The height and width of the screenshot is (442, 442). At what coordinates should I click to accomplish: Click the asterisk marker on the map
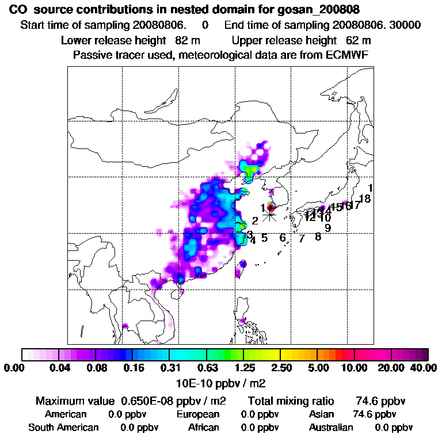tap(269, 216)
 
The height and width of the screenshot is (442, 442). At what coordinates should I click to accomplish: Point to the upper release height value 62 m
tap(358, 41)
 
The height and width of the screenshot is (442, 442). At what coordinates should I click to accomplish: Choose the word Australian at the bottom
tap(331, 428)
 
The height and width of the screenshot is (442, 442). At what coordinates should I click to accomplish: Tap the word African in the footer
tap(203, 428)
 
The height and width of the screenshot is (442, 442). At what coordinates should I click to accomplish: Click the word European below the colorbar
tap(198, 414)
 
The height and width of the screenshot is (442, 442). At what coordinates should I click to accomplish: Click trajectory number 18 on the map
tap(364, 200)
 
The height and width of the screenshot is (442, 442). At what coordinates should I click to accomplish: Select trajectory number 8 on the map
tap(318, 237)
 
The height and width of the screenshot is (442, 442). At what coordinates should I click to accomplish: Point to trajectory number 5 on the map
tap(264, 238)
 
